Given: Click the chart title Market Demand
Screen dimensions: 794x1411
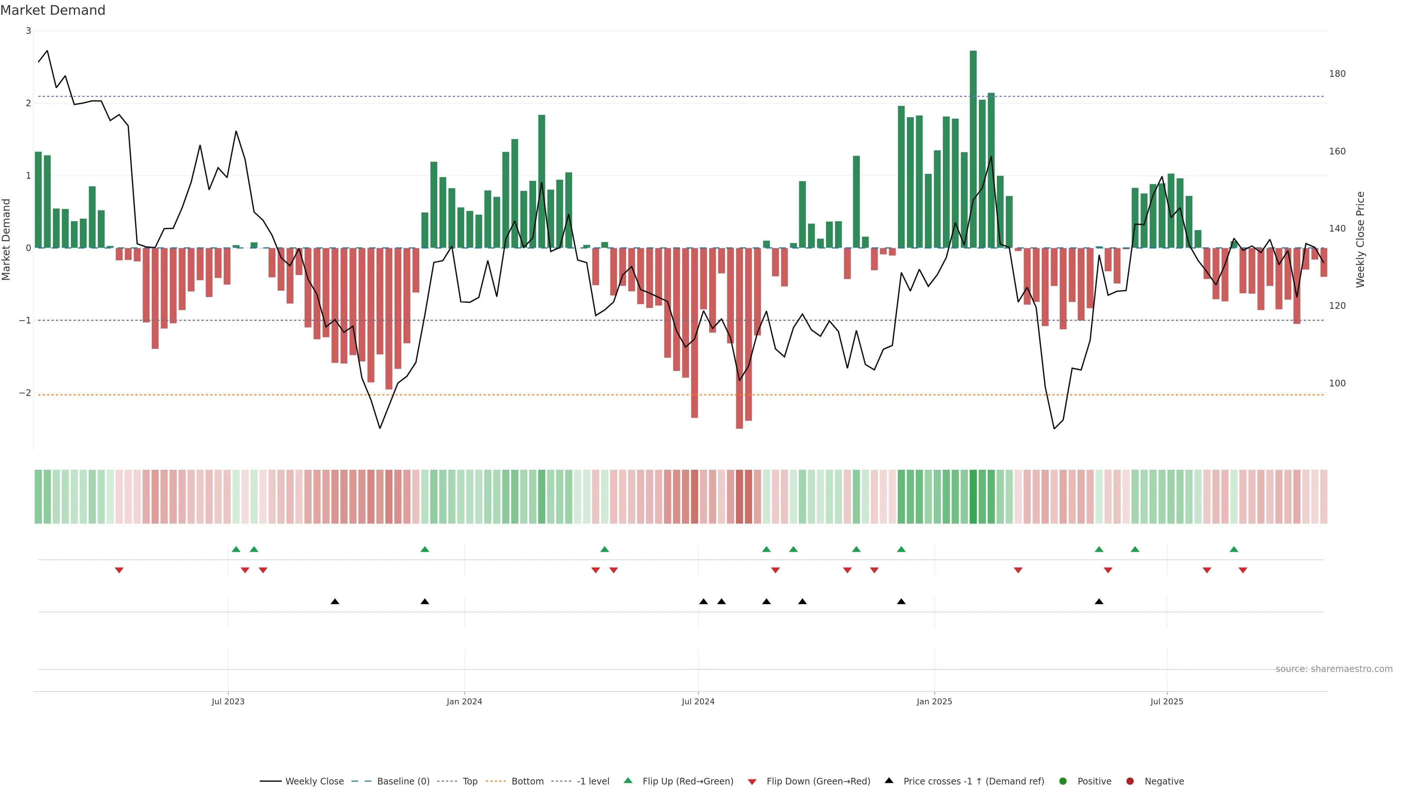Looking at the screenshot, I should pos(53,10).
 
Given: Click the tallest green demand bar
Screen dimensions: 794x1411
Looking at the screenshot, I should pos(973,149).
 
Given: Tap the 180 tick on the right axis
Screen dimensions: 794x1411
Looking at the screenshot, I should pos(1337,74).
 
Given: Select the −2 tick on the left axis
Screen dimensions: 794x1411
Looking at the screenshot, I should pos(25,393).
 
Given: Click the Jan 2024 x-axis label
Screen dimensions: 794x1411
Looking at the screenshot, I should pos(464,701).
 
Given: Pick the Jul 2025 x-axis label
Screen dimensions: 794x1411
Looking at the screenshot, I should pos(1167,701).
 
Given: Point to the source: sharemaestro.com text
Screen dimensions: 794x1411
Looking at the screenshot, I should pos(1334,669).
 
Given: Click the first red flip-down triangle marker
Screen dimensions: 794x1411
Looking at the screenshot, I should pos(119,571).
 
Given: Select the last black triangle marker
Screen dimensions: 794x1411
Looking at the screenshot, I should pos(1099,602).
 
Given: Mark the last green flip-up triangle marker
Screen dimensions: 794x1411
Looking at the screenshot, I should pos(1234,549).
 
